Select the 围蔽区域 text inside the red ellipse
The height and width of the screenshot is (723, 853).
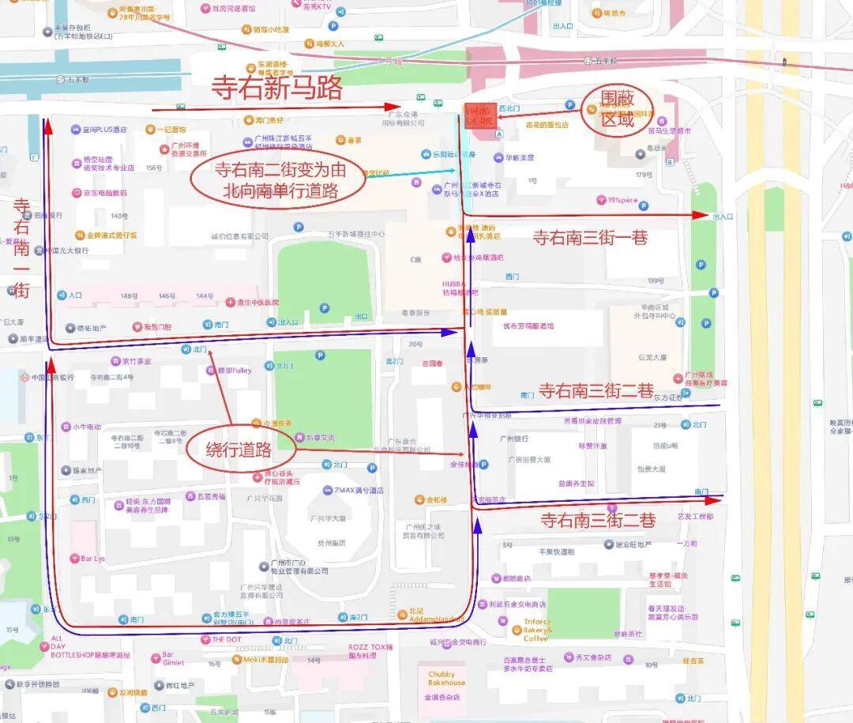click(x=617, y=109)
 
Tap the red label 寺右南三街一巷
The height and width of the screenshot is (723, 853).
click(x=589, y=237)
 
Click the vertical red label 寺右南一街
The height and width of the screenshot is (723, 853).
click(x=21, y=248)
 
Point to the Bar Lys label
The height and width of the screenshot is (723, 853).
click(x=92, y=559)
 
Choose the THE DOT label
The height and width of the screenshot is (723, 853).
click(x=226, y=639)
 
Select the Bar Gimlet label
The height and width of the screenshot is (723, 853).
click(x=172, y=659)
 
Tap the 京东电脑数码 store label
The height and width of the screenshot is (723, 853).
click(x=104, y=193)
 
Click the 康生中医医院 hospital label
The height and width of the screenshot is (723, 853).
click(x=257, y=303)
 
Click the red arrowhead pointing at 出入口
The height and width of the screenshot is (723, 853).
click(x=701, y=215)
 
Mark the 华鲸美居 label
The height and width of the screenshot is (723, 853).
click(x=520, y=157)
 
